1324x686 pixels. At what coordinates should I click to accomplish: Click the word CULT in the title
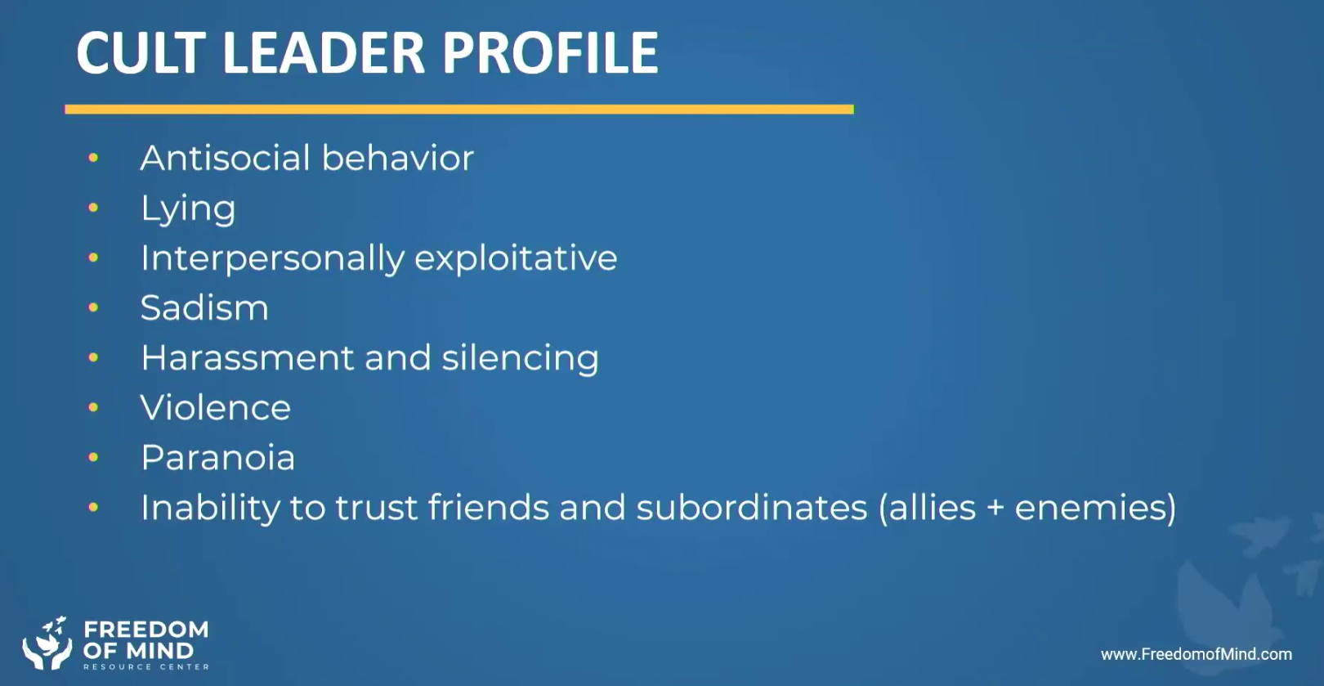click(141, 52)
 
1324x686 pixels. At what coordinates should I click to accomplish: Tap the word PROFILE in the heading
click(550, 52)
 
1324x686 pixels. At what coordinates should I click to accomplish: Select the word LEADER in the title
click(324, 52)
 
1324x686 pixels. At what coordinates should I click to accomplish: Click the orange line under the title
click(459, 110)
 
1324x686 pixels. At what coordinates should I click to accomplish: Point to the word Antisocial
click(226, 158)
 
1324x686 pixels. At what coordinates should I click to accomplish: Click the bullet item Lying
click(188, 209)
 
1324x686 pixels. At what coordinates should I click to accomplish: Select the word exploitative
click(516, 259)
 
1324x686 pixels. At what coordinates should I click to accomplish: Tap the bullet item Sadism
click(204, 308)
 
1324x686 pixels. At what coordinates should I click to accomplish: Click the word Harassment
click(248, 358)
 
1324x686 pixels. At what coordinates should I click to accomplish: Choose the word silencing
click(520, 359)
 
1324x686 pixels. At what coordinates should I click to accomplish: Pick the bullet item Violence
click(216, 408)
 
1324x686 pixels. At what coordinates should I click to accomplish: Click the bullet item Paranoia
click(217, 458)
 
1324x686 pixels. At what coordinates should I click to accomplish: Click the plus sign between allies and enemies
click(995, 509)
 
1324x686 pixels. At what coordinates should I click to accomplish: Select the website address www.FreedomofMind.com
click(1197, 654)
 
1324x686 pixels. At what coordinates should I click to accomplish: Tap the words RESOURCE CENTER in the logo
click(146, 667)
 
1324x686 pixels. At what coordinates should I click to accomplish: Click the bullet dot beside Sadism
click(93, 307)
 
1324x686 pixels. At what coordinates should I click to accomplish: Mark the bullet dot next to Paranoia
click(93, 457)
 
